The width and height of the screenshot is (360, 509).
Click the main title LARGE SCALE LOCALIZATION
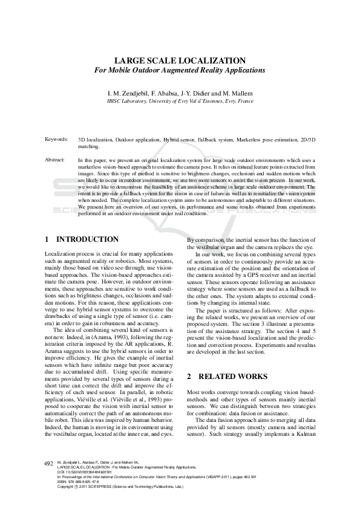[180, 60]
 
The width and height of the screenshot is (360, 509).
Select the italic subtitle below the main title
[180, 70]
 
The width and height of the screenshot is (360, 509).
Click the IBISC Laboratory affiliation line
[180, 102]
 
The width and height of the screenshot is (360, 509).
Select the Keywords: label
[56, 139]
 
